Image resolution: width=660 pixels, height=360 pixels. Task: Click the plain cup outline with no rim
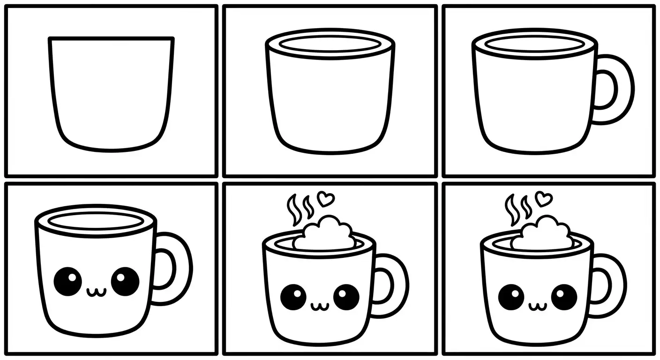pyautogui.click(x=111, y=94)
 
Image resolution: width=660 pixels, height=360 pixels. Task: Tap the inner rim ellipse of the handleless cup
pyautogui.click(x=330, y=45)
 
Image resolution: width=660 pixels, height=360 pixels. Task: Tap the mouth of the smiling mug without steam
pyautogui.click(x=97, y=292)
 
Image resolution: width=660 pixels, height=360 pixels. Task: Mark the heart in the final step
pyautogui.click(x=543, y=199)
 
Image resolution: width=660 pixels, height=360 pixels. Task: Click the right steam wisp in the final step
pyautogui.click(x=527, y=206)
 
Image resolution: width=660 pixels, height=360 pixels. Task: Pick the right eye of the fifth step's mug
pyautogui.click(x=346, y=296)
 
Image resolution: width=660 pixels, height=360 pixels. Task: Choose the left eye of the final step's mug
pyautogui.click(x=511, y=297)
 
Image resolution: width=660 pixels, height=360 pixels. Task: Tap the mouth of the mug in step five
pyautogui.click(x=319, y=307)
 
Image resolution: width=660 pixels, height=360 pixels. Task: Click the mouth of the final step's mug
pyautogui.click(x=538, y=307)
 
